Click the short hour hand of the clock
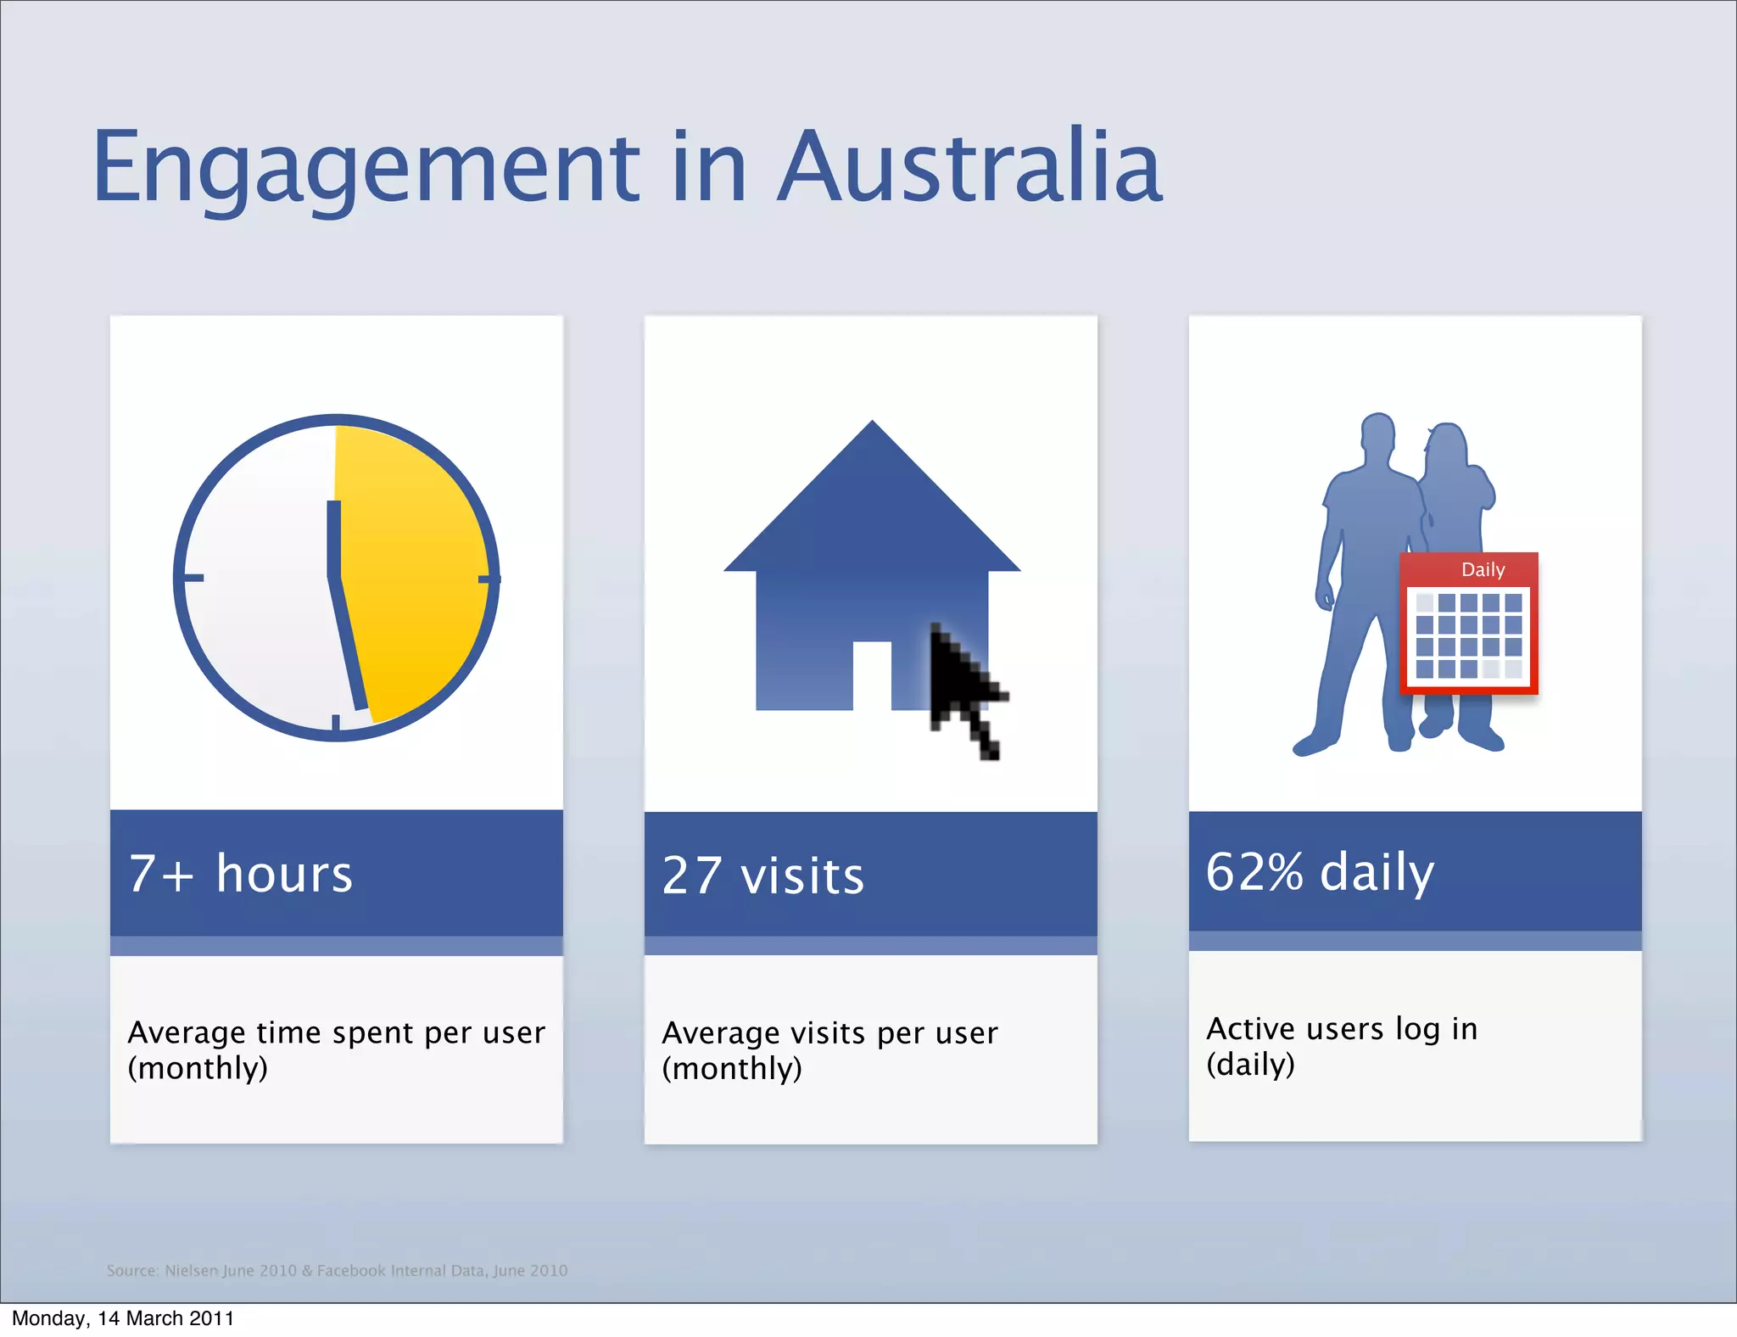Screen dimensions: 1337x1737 pyautogui.click(x=333, y=539)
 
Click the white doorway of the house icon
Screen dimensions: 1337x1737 pyautogui.click(x=871, y=674)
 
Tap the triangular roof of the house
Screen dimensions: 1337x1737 pyautogui.click(x=872, y=509)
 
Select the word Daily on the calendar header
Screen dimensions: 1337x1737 pyautogui.click(x=1483, y=569)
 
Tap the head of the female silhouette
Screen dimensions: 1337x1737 pyautogui.click(x=1447, y=445)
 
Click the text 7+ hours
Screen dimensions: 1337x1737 pyautogui.click(x=240, y=874)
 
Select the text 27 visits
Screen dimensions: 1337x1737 pyautogui.click(x=762, y=875)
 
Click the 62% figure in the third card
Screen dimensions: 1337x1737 pyautogui.click(x=1254, y=871)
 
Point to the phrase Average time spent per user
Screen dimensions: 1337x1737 pyautogui.click(x=336, y=1032)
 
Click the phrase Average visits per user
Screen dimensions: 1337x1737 pyautogui.click(x=829, y=1033)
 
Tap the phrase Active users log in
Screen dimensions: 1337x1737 pyautogui.click(x=1342, y=1028)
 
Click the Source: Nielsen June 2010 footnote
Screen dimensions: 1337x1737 pyautogui.click(x=337, y=1270)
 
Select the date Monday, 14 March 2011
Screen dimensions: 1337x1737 pyautogui.click(x=123, y=1318)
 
